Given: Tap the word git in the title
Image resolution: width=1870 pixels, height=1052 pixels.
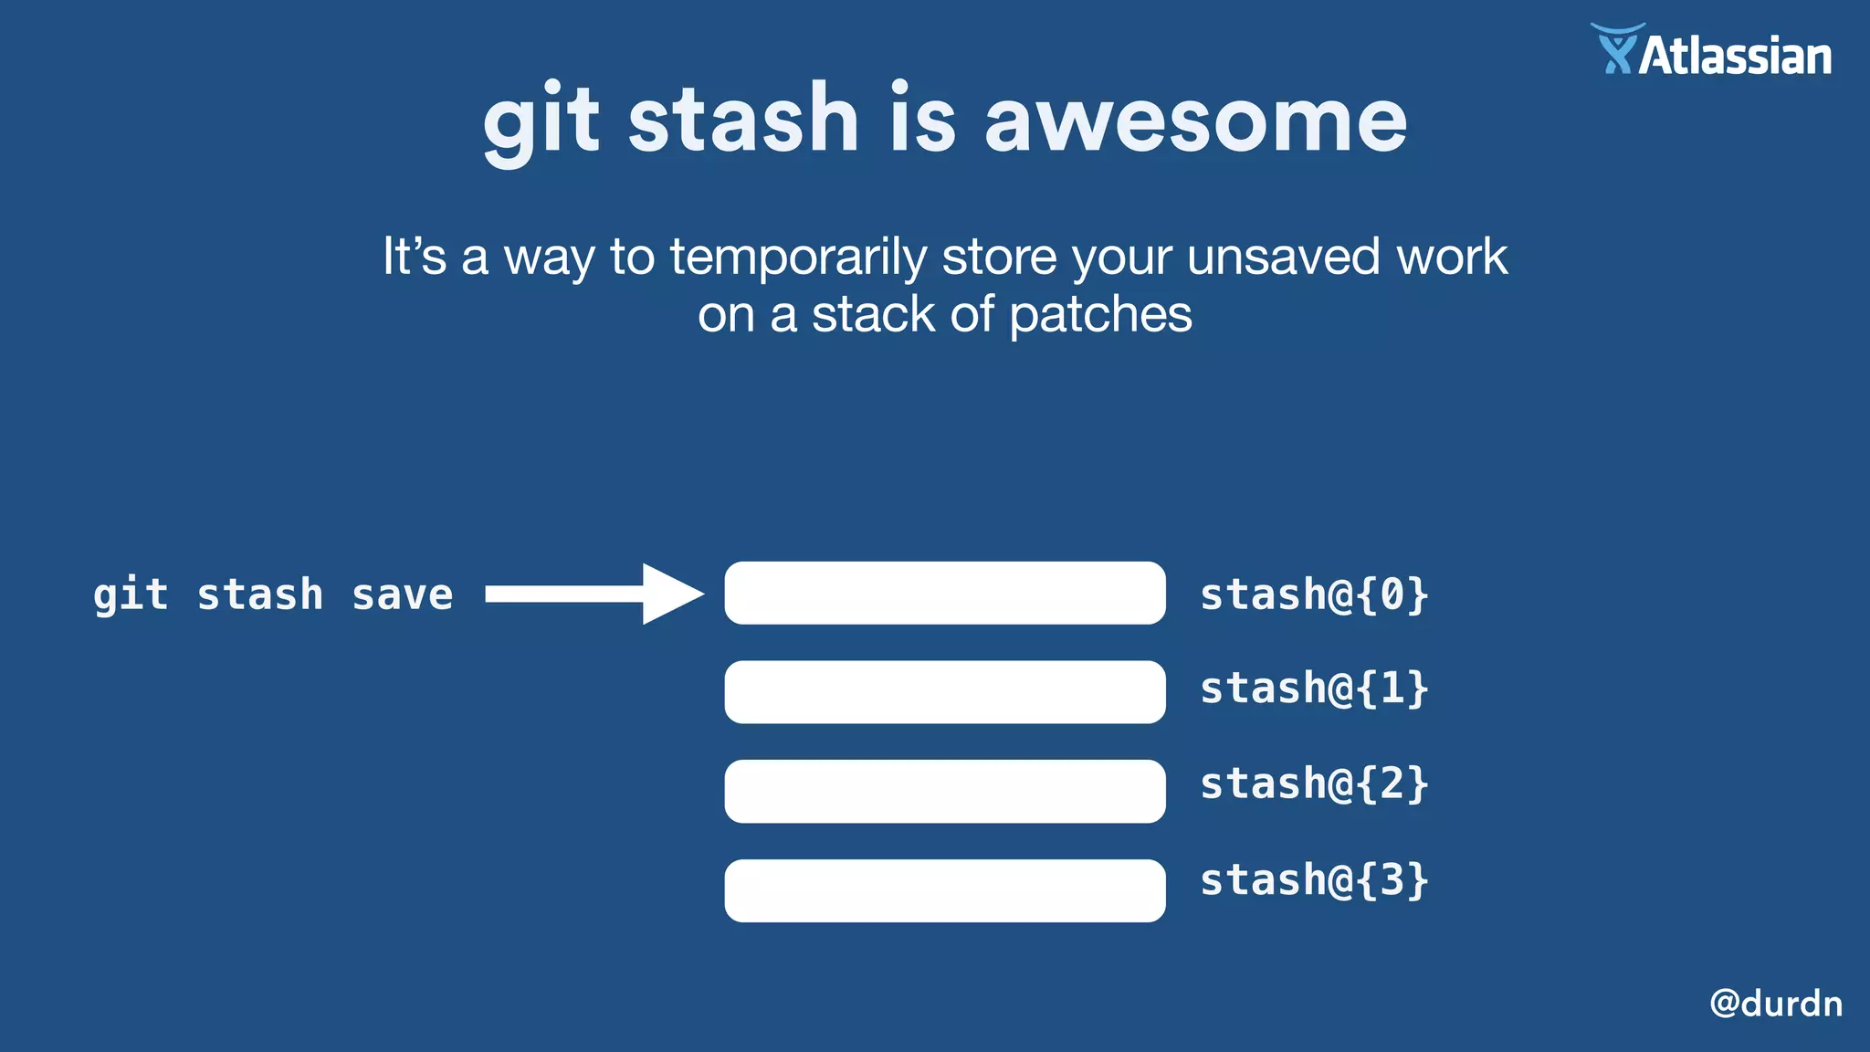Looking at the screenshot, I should pos(541,123).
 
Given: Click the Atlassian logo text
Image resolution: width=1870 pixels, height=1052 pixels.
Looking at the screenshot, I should pos(1736,57).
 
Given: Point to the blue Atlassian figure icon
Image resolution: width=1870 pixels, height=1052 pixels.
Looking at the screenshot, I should pos(1617,50).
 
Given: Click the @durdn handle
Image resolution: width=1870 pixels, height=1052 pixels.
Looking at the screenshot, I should pos(1775,1003).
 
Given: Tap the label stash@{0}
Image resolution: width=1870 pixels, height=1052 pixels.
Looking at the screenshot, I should pos(1313,594).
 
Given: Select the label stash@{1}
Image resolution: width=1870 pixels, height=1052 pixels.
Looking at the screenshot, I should pos(1313,689).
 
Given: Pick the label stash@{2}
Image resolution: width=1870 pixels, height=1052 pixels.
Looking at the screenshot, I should pos(1313,784).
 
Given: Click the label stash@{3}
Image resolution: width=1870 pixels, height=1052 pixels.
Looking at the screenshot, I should pos(1313,880).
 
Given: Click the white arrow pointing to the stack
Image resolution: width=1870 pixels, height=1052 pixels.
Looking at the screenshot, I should pos(594,594).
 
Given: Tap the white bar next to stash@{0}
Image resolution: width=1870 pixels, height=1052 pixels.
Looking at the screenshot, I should pos(944,594).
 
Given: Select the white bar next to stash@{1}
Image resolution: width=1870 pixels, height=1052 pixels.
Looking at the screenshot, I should pos(944,692).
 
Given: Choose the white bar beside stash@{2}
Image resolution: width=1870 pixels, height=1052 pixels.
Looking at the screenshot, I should pos(944,791).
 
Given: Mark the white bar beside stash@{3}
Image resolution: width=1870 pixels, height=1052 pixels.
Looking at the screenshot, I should pos(944,890).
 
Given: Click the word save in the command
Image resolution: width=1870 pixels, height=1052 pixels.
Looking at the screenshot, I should pos(402,595).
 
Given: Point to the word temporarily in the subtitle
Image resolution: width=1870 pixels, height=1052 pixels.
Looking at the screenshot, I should pos(798,257).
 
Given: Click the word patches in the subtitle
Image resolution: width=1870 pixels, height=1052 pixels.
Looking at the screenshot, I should pos(1100,315).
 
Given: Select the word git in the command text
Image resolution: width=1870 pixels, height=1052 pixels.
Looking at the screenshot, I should pos(131,595).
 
